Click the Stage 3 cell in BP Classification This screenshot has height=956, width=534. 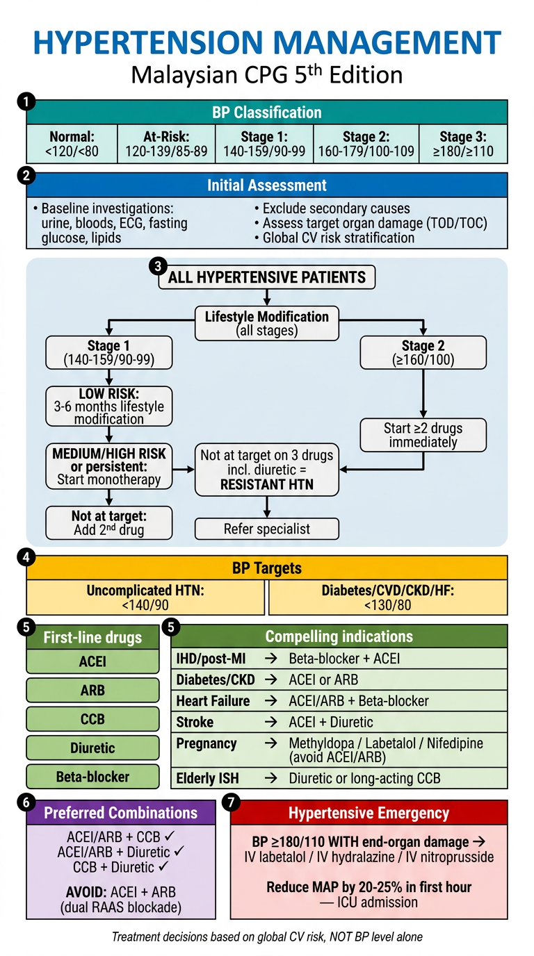pos(463,144)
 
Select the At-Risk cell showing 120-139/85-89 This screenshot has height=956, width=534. pos(166,144)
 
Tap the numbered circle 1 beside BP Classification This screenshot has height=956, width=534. pos(26,102)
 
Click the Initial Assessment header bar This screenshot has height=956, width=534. pos(267,185)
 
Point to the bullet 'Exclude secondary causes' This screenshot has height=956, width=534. pos(332,208)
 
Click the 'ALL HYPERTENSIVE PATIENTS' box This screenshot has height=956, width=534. pos(267,277)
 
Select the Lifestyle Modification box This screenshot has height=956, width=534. pos(267,323)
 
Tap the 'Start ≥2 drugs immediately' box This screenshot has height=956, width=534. pos(423,435)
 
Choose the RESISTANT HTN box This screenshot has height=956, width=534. pos(267,470)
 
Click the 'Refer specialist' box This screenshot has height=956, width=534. pos(267,529)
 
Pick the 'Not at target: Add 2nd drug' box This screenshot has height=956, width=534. pos(109,522)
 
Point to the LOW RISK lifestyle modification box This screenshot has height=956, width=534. pos(109,406)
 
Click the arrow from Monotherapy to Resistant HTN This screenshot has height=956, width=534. pos(184,470)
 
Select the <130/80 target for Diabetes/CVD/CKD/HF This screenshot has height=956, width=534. pos(388,604)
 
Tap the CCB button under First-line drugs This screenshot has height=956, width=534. pos(92,718)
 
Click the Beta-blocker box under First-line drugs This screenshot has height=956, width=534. pos(92,776)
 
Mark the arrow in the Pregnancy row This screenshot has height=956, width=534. pos(271,743)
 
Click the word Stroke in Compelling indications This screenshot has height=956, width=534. pos(195,722)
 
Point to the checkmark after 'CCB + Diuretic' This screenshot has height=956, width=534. pos(163,866)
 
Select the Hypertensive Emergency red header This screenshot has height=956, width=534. pos(369,813)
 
